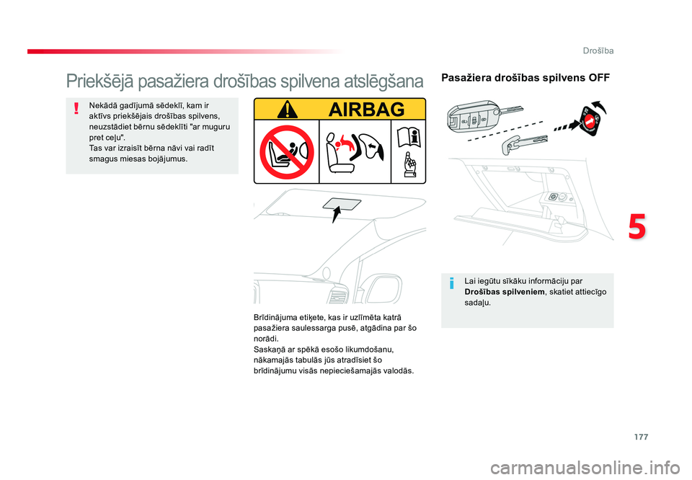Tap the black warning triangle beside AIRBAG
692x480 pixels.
click(287, 110)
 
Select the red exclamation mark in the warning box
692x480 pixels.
click(75, 109)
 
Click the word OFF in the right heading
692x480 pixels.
click(599, 77)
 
